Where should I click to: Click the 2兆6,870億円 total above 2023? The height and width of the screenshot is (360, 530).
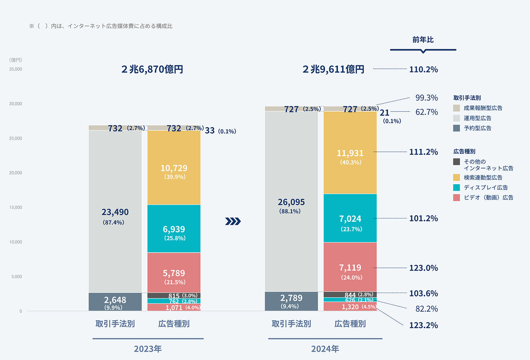(x=152, y=70)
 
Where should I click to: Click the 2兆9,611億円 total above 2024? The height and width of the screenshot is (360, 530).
(x=333, y=70)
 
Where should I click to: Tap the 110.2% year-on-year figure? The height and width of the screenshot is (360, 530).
(x=423, y=70)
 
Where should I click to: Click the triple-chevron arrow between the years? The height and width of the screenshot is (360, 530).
(x=233, y=222)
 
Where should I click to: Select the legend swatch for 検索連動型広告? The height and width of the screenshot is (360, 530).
(x=457, y=178)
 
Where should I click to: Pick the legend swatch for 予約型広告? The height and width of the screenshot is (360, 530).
(x=457, y=128)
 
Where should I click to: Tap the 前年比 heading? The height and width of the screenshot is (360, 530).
(x=423, y=40)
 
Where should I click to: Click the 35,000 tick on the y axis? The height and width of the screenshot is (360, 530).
(x=15, y=69)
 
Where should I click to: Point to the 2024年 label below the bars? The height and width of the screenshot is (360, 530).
(x=325, y=349)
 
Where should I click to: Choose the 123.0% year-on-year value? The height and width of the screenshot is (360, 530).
(x=423, y=268)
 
